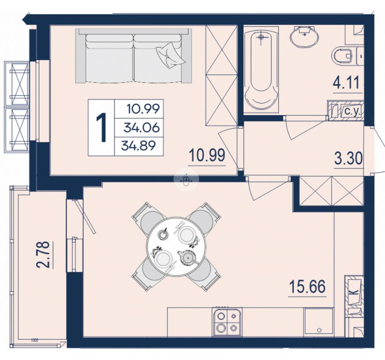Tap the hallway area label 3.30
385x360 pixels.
(x=348, y=158)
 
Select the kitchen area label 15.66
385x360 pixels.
(x=307, y=287)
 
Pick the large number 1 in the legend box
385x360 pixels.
(x=101, y=128)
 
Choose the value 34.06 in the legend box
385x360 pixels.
(x=142, y=128)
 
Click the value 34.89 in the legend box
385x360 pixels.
(x=139, y=146)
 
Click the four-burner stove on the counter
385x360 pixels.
(x=227, y=322)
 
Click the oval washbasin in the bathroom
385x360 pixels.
(x=304, y=36)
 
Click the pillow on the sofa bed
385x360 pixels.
(x=170, y=55)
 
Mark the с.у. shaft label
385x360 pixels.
(x=352, y=112)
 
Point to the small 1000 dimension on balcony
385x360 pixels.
(x=35, y=340)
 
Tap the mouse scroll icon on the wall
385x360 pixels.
(x=186, y=180)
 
